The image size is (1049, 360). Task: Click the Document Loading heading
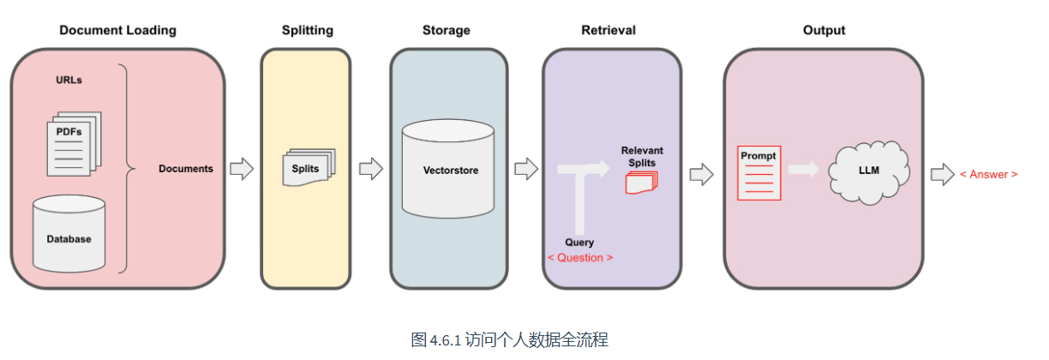[117, 30]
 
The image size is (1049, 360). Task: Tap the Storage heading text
[446, 30]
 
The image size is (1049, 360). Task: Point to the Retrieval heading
[608, 30]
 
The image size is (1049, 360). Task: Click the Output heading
[824, 30]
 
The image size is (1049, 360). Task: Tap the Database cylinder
[69, 233]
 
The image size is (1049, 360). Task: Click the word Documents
[186, 169]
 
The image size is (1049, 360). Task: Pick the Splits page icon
[306, 168]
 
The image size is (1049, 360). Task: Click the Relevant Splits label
[642, 156]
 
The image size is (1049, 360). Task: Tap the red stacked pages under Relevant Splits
[641, 183]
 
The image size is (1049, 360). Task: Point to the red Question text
[580, 257]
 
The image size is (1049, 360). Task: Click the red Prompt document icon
[759, 173]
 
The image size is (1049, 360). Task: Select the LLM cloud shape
[868, 171]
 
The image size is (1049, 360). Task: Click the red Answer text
[988, 174]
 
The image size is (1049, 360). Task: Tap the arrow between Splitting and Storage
[370, 169]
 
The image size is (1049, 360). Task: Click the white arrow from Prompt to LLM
[803, 170]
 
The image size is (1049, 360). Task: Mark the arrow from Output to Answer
[943, 174]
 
